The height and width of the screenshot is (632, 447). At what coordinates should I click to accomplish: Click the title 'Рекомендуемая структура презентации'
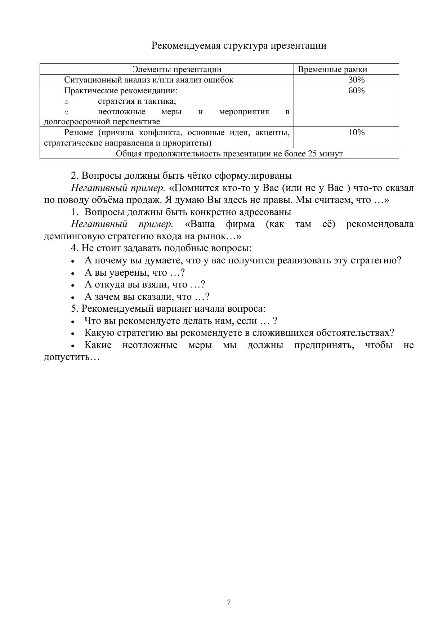238,46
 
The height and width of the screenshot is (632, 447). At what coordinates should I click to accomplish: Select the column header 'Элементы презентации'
176,69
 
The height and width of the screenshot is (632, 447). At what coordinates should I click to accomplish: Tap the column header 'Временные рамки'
332,69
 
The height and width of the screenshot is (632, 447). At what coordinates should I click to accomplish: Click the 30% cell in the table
356,80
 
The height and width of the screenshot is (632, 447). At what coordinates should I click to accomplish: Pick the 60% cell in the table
356,90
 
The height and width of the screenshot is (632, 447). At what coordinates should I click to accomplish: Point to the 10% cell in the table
356,132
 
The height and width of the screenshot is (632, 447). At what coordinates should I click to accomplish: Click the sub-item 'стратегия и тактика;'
137,101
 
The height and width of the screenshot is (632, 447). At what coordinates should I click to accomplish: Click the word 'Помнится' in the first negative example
198,188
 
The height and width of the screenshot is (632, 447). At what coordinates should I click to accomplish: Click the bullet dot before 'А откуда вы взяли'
73,285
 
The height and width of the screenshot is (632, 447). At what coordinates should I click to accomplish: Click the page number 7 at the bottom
229,602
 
